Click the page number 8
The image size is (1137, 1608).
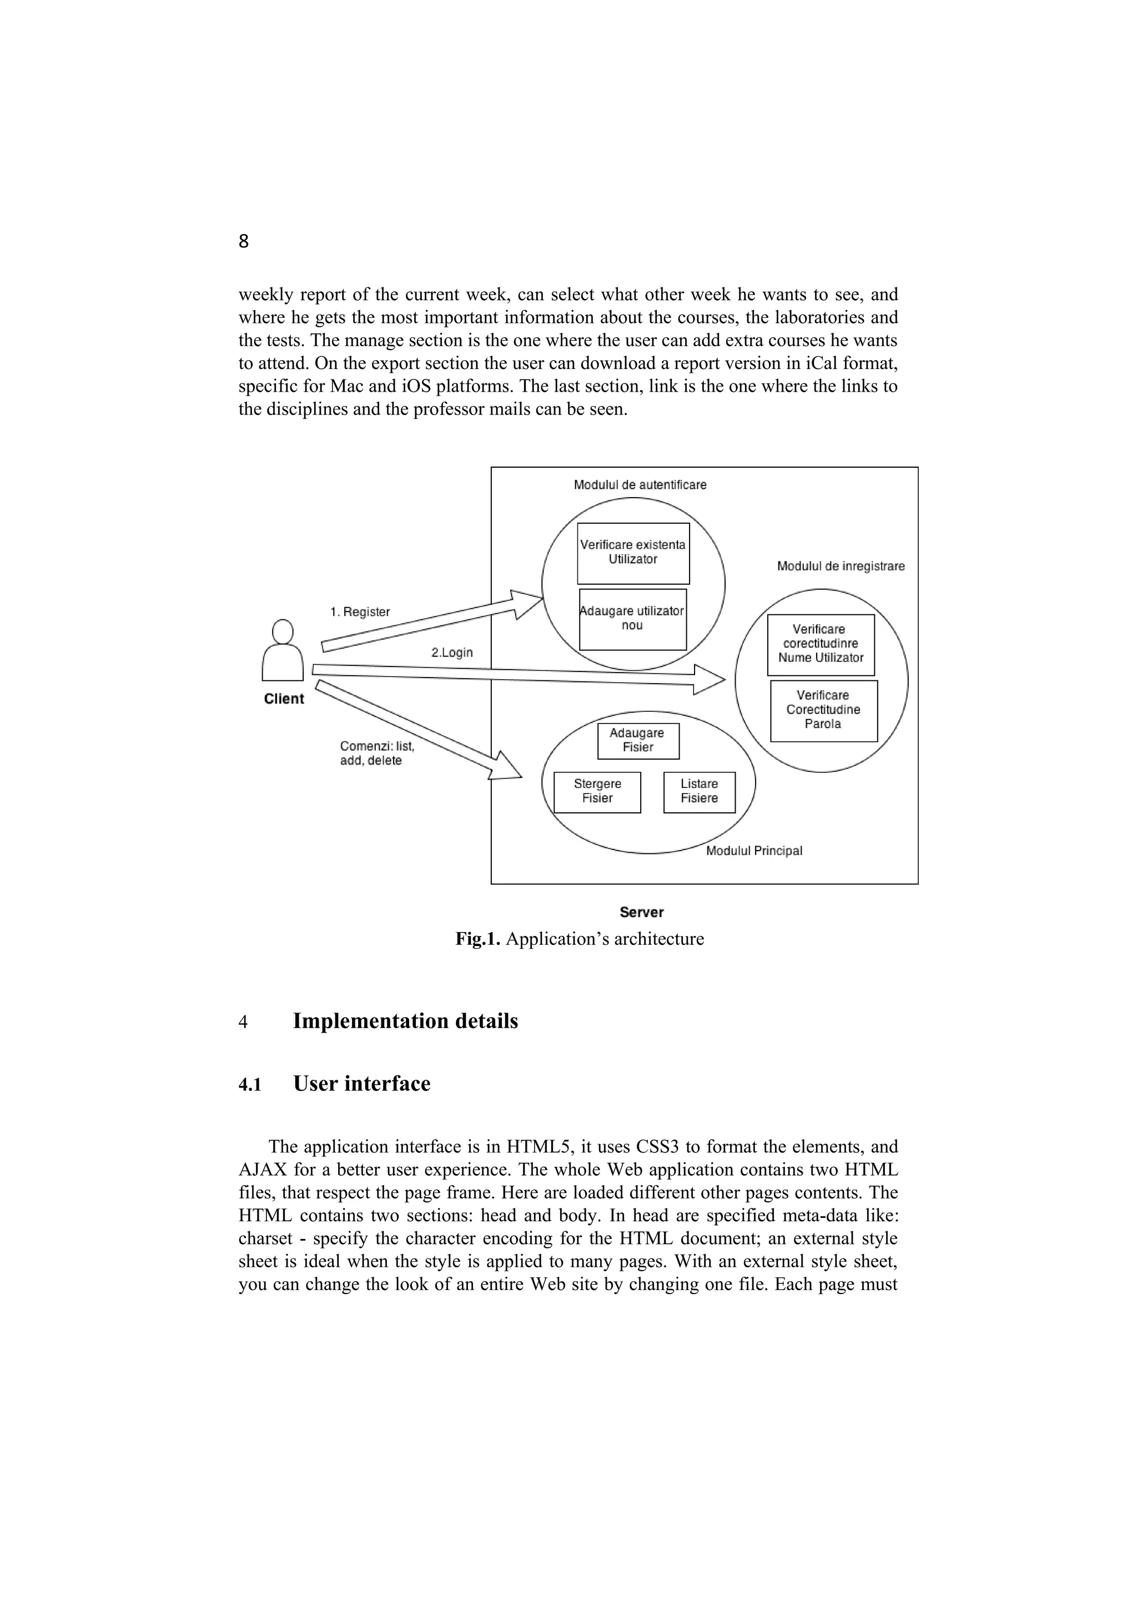tap(244, 241)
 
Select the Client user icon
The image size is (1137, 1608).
tap(283, 651)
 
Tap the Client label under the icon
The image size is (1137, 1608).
tap(284, 699)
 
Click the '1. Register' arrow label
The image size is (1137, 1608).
tap(360, 612)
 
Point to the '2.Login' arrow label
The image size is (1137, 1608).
tap(452, 653)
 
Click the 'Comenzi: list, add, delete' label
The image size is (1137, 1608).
tap(377, 754)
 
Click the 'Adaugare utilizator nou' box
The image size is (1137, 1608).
tap(632, 619)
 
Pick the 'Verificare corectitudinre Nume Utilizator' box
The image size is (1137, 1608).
tap(821, 644)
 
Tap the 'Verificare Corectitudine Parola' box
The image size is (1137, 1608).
tap(823, 710)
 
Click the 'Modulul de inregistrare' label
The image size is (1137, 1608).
tap(841, 567)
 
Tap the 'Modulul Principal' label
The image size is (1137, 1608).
tap(754, 851)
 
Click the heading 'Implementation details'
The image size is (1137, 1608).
tap(405, 1021)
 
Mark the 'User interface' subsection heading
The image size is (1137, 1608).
tap(361, 1084)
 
